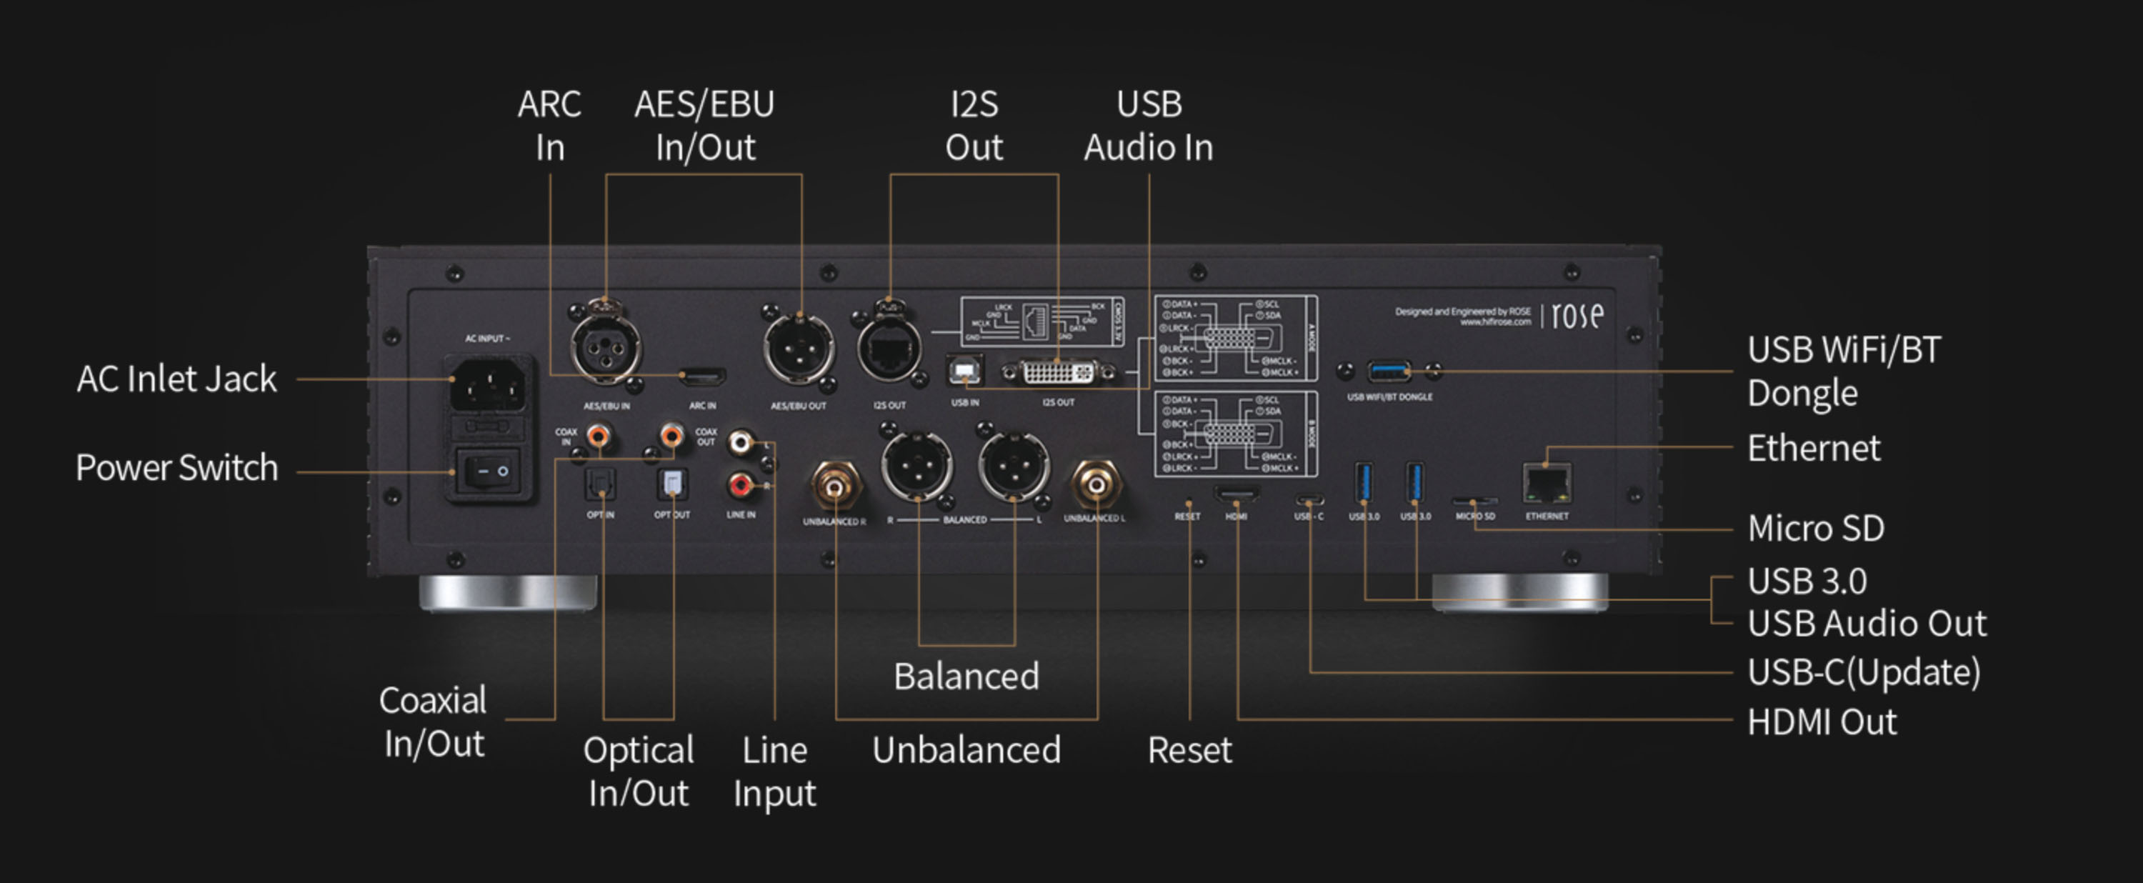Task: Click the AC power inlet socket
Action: pyautogui.click(x=489, y=384)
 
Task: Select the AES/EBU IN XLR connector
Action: pyautogui.click(x=606, y=348)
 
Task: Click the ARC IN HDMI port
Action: pyautogui.click(x=702, y=376)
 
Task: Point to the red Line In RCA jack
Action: pyautogui.click(x=739, y=484)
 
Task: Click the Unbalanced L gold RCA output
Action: pyautogui.click(x=1096, y=483)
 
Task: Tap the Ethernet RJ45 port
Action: pyautogui.click(x=1547, y=484)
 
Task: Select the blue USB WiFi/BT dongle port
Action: pyautogui.click(x=1389, y=370)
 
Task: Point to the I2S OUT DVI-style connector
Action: pyautogui.click(x=1058, y=372)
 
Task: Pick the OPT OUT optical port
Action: pyautogui.click(x=671, y=484)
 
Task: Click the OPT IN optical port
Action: pyautogui.click(x=600, y=484)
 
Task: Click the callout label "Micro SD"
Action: pyautogui.click(x=1816, y=529)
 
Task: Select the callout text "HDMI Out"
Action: pyautogui.click(x=1822, y=722)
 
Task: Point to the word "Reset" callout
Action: pyautogui.click(x=1189, y=751)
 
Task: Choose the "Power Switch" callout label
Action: pyautogui.click(x=177, y=468)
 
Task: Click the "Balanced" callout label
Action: pyautogui.click(x=966, y=677)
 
